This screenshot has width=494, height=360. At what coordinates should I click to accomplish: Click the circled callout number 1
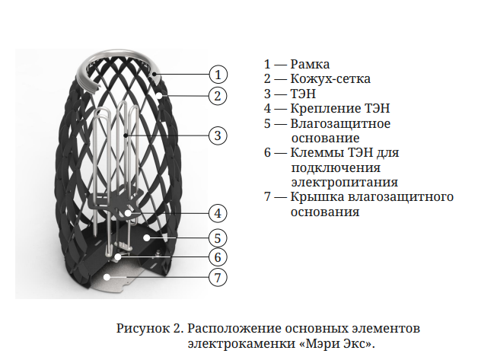218,75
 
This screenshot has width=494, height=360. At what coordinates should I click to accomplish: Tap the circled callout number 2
218,96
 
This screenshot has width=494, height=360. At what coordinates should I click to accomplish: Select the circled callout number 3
218,135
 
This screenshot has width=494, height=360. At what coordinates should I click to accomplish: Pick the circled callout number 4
218,213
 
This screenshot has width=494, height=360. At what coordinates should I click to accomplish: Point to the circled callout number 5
218,238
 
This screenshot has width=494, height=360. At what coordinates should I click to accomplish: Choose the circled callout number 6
218,257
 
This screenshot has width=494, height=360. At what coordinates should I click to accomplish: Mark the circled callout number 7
218,278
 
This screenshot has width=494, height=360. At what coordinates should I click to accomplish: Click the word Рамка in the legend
310,64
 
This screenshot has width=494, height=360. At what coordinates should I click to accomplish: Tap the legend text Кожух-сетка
330,78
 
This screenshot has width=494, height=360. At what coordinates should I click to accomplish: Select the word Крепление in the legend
325,109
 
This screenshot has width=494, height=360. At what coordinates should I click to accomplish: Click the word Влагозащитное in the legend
340,123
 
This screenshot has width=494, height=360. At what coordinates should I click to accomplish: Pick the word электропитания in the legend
344,183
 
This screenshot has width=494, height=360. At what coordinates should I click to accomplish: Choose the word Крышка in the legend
317,197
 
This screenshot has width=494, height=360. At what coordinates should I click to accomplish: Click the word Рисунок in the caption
143,329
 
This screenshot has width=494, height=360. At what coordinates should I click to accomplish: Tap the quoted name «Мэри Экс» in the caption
335,343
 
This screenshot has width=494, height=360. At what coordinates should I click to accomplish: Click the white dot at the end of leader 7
107,277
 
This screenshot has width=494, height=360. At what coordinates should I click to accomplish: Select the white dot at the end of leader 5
146,237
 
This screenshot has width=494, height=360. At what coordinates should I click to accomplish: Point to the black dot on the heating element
126,135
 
